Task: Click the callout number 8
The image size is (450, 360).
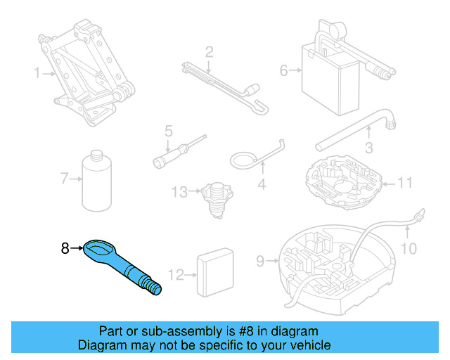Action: [x=65, y=247]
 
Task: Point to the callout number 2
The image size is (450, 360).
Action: [x=209, y=51]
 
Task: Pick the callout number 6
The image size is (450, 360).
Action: [x=284, y=70]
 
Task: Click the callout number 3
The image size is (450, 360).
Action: [x=368, y=148]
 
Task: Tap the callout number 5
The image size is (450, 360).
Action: [x=169, y=131]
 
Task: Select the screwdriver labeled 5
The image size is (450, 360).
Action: [x=180, y=152]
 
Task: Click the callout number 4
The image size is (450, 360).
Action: [x=262, y=186]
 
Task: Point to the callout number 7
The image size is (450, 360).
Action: [x=64, y=179]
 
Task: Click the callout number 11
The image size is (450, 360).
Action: [x=404, y=184]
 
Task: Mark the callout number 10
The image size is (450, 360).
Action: [x=409, y=248]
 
